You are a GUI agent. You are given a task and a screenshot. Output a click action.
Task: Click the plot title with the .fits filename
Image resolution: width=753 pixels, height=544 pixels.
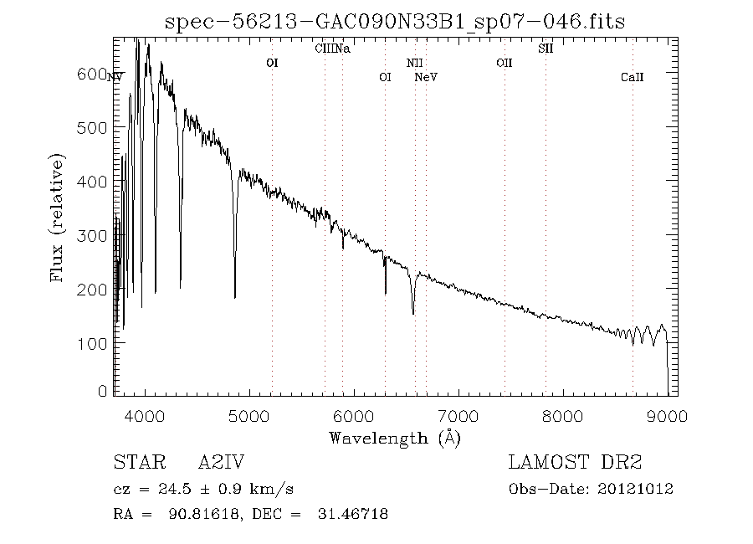click(x=395, y=22)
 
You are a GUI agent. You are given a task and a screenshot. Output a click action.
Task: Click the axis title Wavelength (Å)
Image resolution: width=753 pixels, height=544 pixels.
click(x=395, y=438)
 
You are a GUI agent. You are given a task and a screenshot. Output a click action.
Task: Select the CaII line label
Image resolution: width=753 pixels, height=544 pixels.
click(x=632, y=77)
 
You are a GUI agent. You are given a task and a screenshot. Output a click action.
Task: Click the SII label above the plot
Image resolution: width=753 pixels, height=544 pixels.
click(x=546, y=49)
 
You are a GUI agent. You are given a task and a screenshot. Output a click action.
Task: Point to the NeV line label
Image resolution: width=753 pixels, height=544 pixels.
click(x=426, y=77)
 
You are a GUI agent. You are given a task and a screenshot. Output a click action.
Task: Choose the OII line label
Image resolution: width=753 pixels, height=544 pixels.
click(x=504, y=63)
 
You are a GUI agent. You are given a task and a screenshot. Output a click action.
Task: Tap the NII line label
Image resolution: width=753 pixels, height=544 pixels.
click(x=414, y=63)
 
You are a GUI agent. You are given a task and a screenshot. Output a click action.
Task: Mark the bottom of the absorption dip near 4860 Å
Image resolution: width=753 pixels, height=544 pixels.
click(x=234, y=296)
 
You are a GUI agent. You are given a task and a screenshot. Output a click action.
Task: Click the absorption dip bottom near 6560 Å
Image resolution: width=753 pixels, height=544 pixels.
click(x=413, y=313)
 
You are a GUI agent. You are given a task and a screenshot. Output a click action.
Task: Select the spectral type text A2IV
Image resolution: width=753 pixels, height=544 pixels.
click(x=220, y=463)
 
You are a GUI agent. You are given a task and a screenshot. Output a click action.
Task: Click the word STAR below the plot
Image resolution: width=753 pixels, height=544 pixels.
click(x=136, y=463)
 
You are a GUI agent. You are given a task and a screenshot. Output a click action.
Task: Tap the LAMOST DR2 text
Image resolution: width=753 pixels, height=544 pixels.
click(x=575, y=463)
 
